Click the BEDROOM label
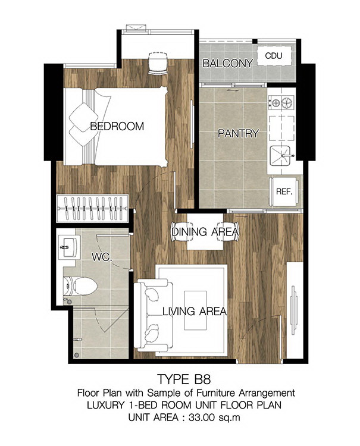117,126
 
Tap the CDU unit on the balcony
274,55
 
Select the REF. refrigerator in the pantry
284,191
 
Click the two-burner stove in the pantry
281,102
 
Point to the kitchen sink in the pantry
280,156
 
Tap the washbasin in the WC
67,247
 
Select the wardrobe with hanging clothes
92,209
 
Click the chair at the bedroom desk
158,63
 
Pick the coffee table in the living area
195,310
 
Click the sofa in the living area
154,314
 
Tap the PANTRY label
238,133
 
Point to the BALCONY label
228,63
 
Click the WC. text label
102,257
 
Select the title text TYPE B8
183,379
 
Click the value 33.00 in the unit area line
202,417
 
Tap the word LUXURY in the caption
105,405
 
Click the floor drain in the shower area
76,355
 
